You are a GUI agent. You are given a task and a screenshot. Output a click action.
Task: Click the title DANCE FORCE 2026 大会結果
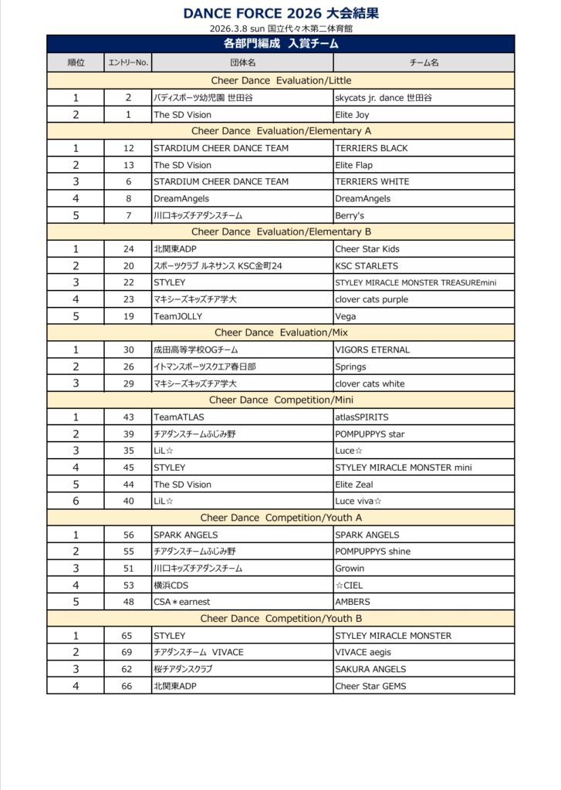(x=281, y=13)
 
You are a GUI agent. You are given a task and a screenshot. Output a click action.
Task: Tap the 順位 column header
(x=76, y=62)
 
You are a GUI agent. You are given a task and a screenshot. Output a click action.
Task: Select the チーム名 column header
(x=424, y=62)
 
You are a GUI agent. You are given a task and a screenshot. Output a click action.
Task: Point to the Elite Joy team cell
(x=353, y=114)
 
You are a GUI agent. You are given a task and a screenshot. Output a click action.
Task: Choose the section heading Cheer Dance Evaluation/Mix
(x=280, y=333)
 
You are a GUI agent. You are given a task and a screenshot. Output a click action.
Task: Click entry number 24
(x=128, y=249)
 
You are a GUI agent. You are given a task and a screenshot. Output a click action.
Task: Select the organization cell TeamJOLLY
(x=176, y=316)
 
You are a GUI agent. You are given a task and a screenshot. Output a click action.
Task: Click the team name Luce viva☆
(x=359, y=501)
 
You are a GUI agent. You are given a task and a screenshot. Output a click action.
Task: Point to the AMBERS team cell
(x=353, y=602)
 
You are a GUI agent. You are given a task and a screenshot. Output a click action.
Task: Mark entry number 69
(x=128, y=653)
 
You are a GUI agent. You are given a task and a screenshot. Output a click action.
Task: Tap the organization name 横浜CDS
(x=172, y=586)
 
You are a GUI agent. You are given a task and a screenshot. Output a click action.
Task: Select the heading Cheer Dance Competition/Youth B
(x=280, y=619)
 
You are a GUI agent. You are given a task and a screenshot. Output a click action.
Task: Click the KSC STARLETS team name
(x=367, y=266)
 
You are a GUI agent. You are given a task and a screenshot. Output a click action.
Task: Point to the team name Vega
(x=345, y=316)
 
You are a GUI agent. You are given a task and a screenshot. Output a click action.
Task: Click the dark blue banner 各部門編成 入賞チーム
(x=280, y=45)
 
